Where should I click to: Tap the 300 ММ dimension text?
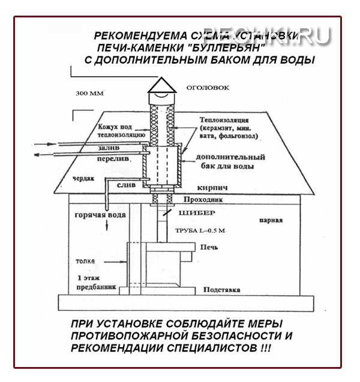(91, 94)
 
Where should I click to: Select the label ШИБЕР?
(192, 213)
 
